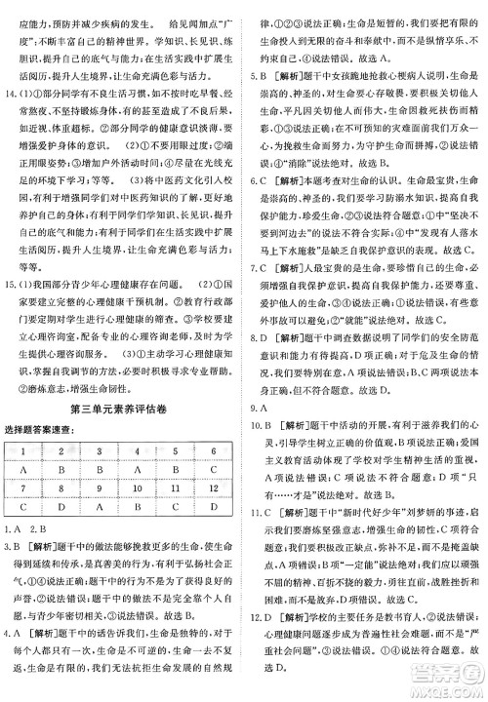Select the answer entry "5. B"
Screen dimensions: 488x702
[x=259, y=73]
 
